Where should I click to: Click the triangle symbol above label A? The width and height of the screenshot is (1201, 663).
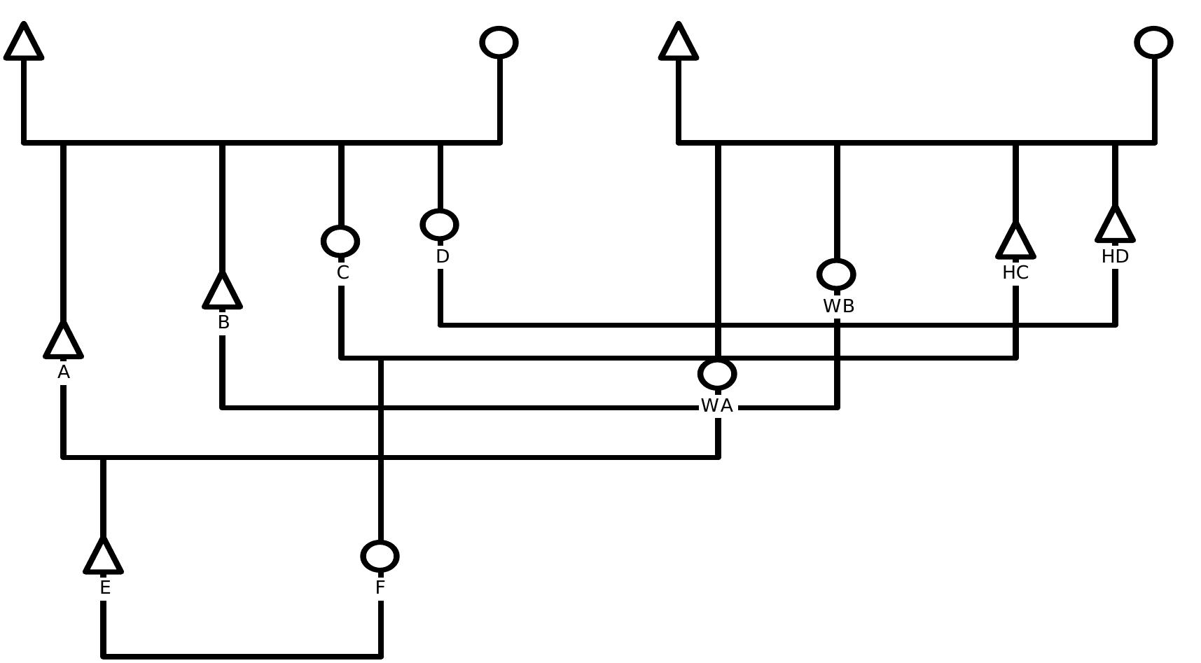pos(64,342)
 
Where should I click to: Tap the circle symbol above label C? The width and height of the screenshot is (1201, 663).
pos(340,242)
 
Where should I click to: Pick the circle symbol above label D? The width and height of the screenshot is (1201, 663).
pos(440,225)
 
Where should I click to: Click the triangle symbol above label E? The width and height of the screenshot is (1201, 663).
pos(104,558)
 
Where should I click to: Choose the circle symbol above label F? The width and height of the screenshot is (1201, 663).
pos(380,556)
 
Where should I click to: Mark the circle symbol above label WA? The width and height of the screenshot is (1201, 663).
pos(717,374)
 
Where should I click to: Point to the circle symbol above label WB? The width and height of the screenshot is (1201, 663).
pos(836,274)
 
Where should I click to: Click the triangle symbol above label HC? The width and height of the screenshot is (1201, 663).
pos(1015,242)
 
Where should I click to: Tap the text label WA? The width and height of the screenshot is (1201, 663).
pos(717,406)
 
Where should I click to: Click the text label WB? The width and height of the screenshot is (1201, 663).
pos(838,307)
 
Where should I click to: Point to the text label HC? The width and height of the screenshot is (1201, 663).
pos(1015,273)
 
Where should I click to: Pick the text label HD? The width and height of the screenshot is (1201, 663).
pos(1115,257)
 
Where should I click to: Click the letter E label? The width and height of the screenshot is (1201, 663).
pos(105,588)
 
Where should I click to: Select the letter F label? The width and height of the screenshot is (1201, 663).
pos(380,588)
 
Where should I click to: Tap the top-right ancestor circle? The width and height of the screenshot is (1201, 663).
pos(1153,43)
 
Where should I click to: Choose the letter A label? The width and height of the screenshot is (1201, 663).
pos(64,373)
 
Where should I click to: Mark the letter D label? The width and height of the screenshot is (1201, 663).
pos(442,257)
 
